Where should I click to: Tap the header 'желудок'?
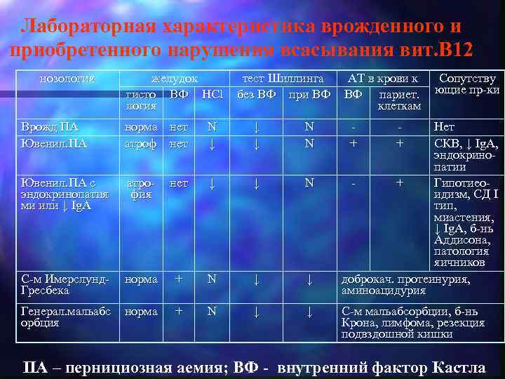(x=175, y=79)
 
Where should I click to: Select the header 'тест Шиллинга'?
(x=283, y=79)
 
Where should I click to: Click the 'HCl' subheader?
(x=210, y=93)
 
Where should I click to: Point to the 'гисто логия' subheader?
(x=140, y=99)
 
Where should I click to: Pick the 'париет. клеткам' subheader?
(x=398, y=100)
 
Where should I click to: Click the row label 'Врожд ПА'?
(x=50, y=127)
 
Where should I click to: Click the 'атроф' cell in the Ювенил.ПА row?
(x=141, y=143)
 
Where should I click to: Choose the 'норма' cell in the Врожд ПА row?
(x=141, y=127)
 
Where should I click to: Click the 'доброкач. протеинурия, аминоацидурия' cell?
(x=405, y=284)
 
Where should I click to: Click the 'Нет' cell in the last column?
(x=445, y=127)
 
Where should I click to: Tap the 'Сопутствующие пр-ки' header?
(x=466, y=84)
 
